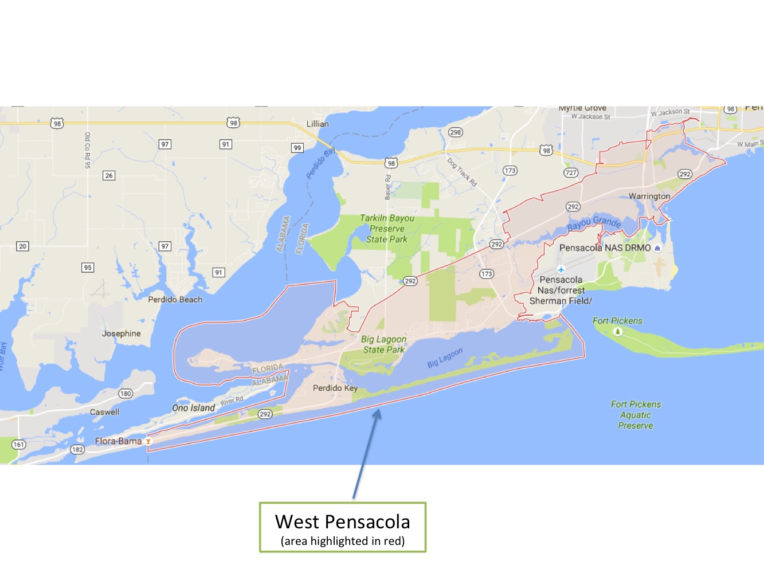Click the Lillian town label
click(x=318, y=124)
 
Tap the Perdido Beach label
click(x=175, y=299)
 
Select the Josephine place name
click(x=121, y=333)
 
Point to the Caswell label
click(x=105, y=412)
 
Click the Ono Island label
click(x=194, y=408)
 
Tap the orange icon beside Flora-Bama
click(x=148, y=441)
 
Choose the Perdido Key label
click(x=335, y=388)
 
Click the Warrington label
click(x=649, y=196)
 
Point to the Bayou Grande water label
click(x=594, y=223)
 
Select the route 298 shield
click(x=455, y=132)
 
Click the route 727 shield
click(x=571, y=172)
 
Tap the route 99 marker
click(x=297, y=148)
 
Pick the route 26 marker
click(x=109, y=175)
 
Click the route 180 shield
click(x=126, y=394)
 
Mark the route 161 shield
click(x=18, y=444)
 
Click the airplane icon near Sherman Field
click(x=561, y=269)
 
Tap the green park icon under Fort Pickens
click(x=618, y=332)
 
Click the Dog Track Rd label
click(x=462, y=172)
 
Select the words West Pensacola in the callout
click(x=342, y=521)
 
